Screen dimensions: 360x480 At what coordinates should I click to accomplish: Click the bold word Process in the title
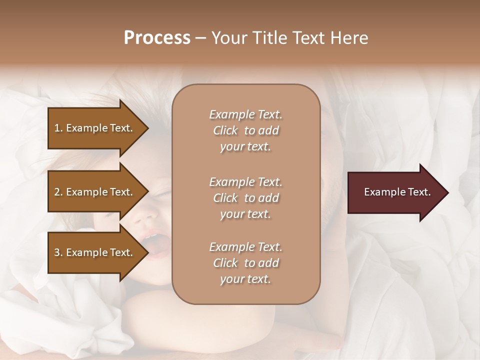point(157,38)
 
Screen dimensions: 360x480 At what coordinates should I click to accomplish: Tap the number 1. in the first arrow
point(58,128)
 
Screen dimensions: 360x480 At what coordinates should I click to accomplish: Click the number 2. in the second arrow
point(58,192)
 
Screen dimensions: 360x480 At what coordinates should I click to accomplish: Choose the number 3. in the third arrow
point(58,252)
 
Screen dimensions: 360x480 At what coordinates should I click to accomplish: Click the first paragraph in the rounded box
point(246,130)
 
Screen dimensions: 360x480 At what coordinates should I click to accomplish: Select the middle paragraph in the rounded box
point(246,198)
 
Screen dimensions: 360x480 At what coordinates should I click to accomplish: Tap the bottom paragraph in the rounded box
point(246,263)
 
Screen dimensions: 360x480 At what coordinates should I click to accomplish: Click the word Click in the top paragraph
point(225,130)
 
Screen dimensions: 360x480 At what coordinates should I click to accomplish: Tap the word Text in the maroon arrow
point(418,192)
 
